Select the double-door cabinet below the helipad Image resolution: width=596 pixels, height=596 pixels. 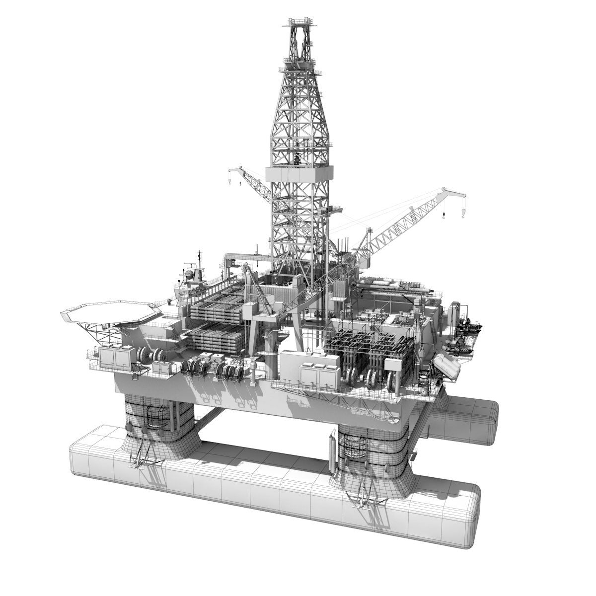point(117,357)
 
